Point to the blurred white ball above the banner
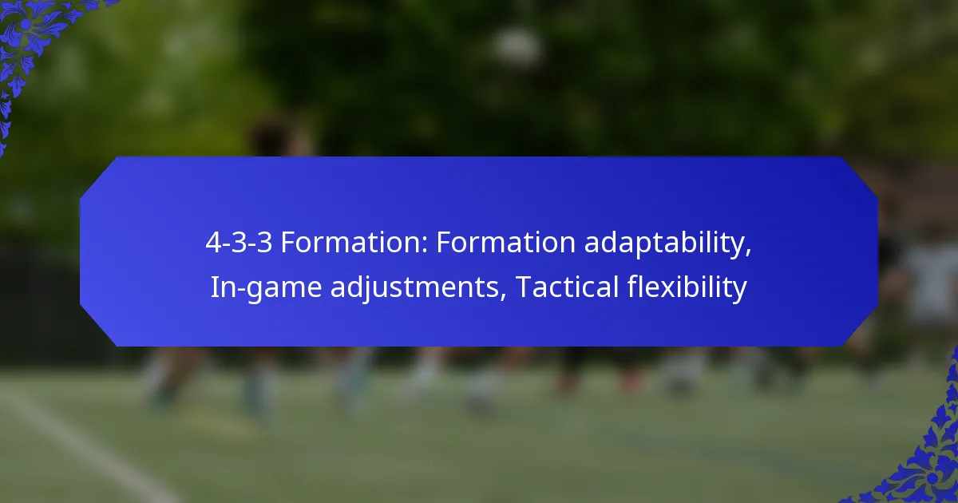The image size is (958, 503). pos(517,48)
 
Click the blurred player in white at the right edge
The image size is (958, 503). pos(930,279)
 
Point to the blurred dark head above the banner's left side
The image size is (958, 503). pos(271,136)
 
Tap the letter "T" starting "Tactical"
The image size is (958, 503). pos(522,287)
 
